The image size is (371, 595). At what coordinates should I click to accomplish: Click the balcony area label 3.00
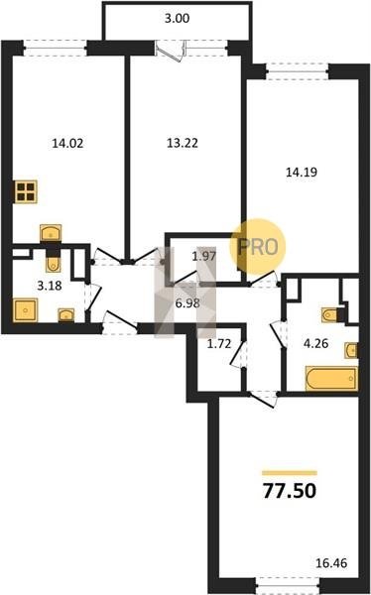pyautogui.click(x=177, y=18)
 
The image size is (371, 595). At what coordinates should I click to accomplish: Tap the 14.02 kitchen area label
pyautogui.click(x=67, y=143)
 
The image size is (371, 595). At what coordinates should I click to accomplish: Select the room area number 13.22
pyautogui.click(x=183, y=143)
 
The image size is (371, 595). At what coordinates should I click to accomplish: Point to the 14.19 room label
pyautogui.click(x=302, y=173)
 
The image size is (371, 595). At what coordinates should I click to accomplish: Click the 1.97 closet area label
pyautogui.click(x=204, y=256)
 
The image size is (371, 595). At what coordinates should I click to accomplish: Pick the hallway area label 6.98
pyautogui.click(x=187, y=303)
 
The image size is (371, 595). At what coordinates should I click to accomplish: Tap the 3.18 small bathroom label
pyautogui.click(x=50, y=285)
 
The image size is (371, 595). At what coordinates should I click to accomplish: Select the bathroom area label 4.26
pyautogui.click(x=315, y=344)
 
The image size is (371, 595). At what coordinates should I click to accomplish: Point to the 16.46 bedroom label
pyautogui.click(x=331, y=562)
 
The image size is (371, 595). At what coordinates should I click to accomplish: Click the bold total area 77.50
pyautogui.click(x=290, y=491)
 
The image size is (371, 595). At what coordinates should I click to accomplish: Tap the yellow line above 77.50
pyautogui.click(x=290, y=473)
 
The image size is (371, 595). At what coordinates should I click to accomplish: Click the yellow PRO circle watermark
pyautogui.click(x=258, y=247)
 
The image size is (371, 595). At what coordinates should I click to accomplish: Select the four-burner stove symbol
pyautogui.click(x=26, y=191)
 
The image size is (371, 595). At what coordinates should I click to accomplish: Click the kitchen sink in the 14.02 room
pyautogui.click(x=51, y=232)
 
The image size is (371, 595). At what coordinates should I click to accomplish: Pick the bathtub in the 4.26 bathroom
pyautogui.click(x=331, y=379)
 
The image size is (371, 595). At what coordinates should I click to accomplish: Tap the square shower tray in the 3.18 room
pyautogui.click(x=25, y=310)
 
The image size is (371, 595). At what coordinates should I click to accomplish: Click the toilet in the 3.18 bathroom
pyautogui.click(x=53, y=262)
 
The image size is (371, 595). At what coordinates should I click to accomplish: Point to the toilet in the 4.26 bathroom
pyautogui.click(x=330, y=314)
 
